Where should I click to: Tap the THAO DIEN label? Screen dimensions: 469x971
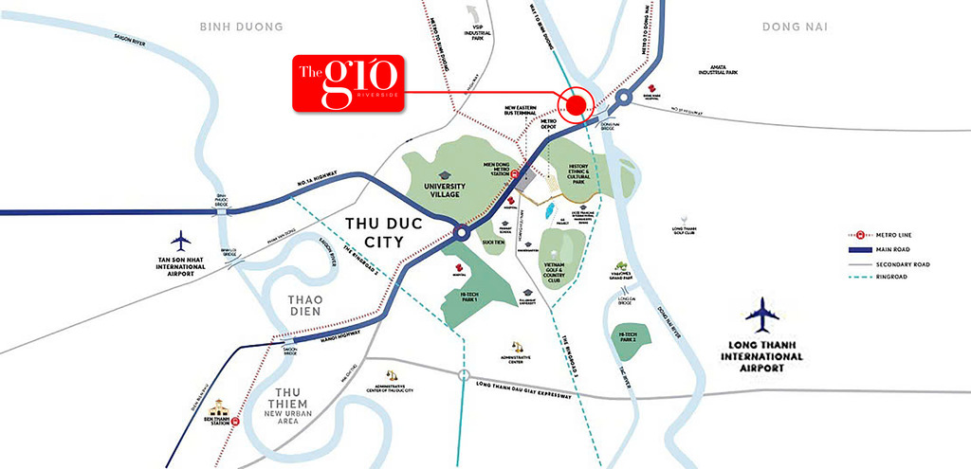pyautogui.click(x=293, y=303)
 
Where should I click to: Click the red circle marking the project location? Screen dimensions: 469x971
pyautogui.click(x=574, y=103)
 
